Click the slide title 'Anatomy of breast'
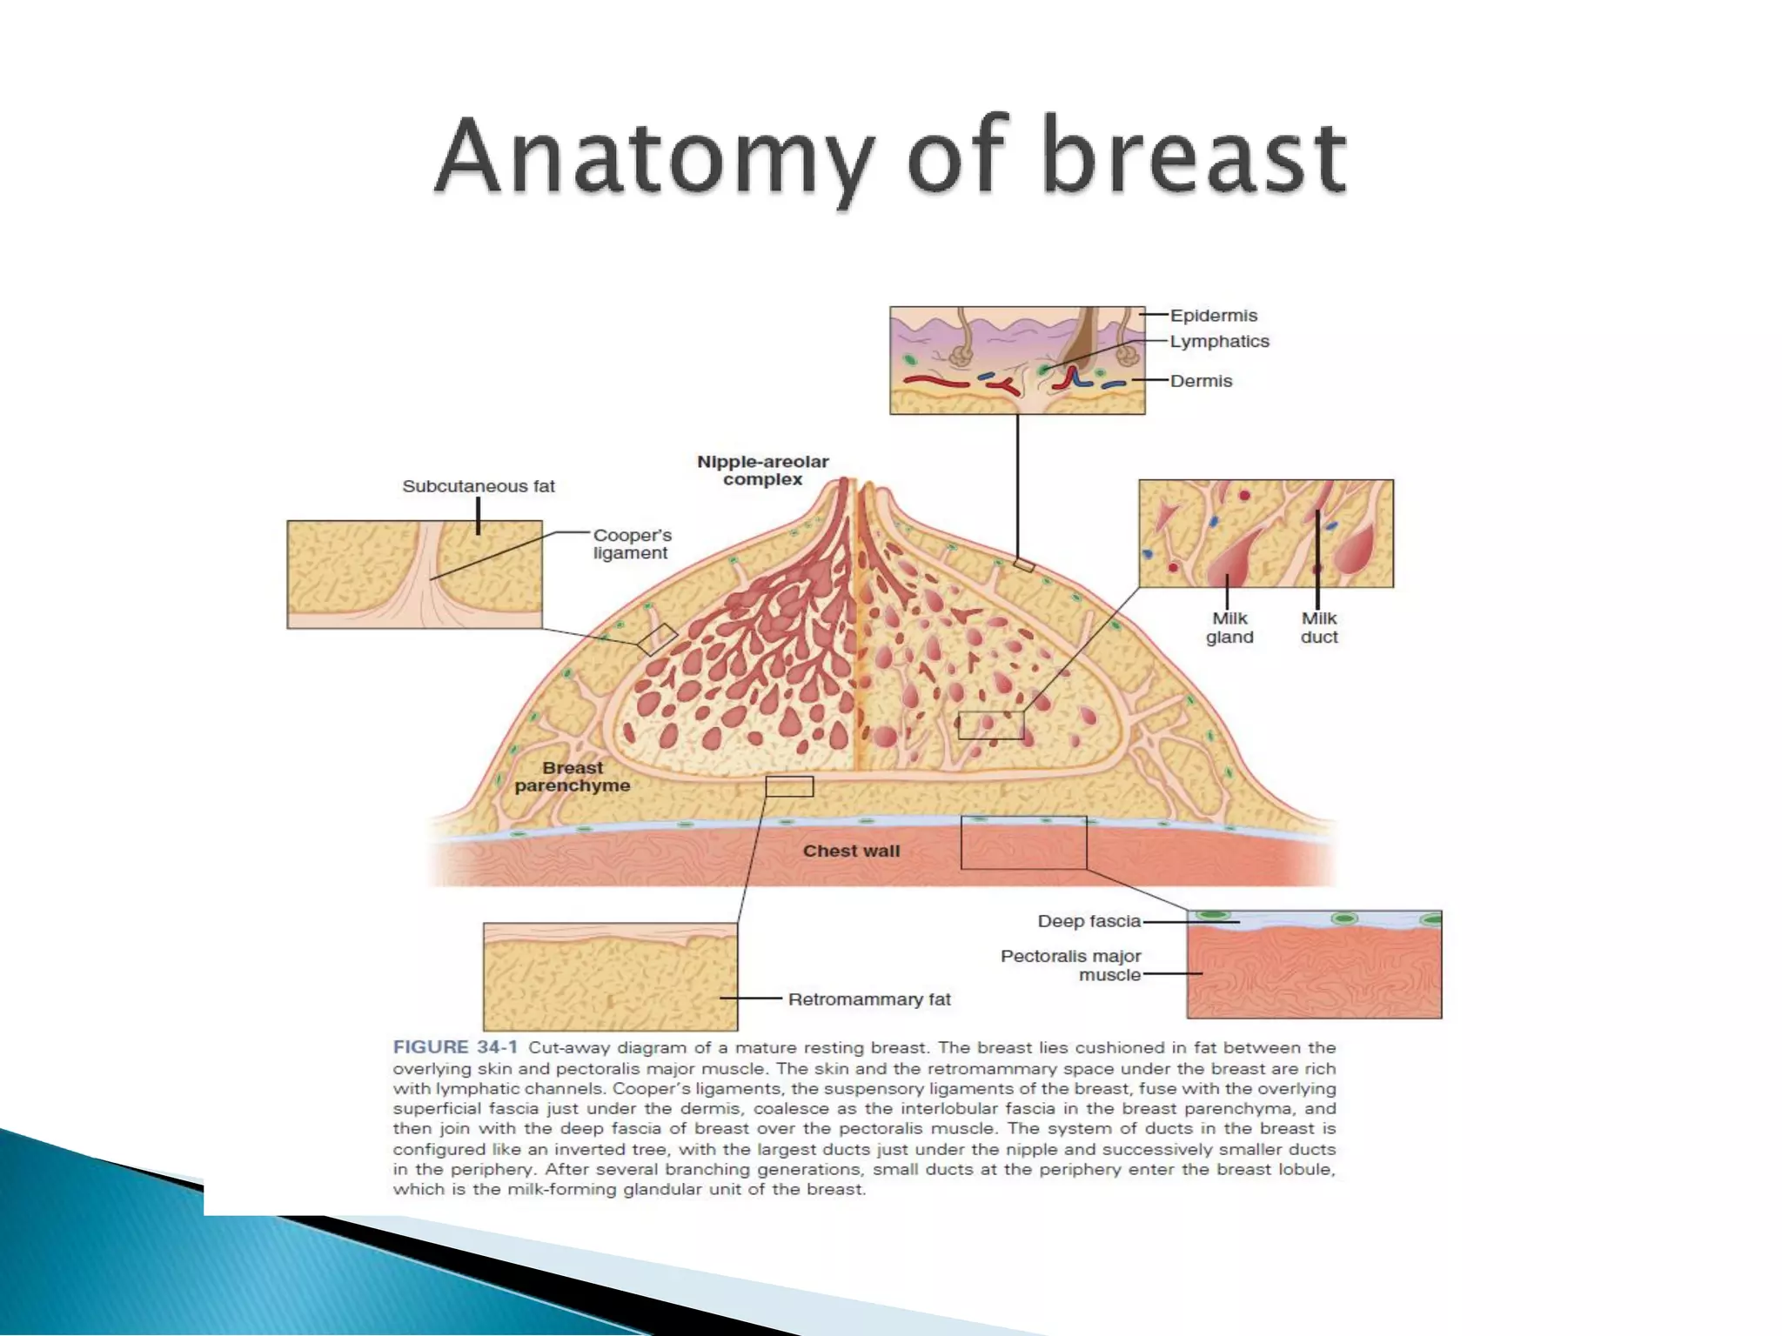pyautogui.click(x=891, y=157)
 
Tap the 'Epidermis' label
pyautogui.click(x=1213, y=316)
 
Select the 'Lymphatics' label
pyautogui.click(x=1219, y=342)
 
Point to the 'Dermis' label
pyautogui.click(x=1201, y=381)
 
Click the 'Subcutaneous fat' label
pyautogui.click(x=478, y=486)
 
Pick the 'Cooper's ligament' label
pyautogui.click(x=632, y=544)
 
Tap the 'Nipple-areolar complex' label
pyautogui.click(x=762, y=471)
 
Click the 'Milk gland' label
pyautogui.click(x=1229, y=628)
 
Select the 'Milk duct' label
pyautogui.click(x=1319, y=628)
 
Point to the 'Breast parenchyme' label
pyautogui.click(x=572, y=777)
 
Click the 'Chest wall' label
pyautogui.click(x=851, y=851)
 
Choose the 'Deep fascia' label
pyautogui.click(x=1089, y=921)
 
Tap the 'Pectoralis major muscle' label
pyautogui.click(x=1071, y=965)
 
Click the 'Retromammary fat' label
pyautogui.click(x=869, y=999)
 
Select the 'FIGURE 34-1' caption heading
pyautogui.click(x=455, y=1047)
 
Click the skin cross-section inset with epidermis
pyautogui.click(x=1017, y=360)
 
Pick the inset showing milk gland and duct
pyautogui.click(x=1266, y=533)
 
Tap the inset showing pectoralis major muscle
pyautogui.click(x=1314, y=965)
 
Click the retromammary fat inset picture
pyautogui.click(x=610, y=977)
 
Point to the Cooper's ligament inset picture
pyautogui.click(x=414, y=574)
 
